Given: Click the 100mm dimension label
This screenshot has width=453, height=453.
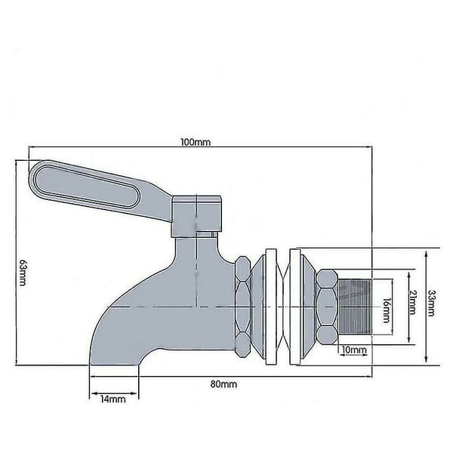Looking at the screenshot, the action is pos(196,142).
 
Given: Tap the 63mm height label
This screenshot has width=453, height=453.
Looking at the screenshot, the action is pos(23,273).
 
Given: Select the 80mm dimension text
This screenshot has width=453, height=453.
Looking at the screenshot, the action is pos(223,384).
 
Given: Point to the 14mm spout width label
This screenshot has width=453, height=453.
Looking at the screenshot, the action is pos(113,399).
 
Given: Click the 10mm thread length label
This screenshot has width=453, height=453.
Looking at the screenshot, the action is pos(354,350).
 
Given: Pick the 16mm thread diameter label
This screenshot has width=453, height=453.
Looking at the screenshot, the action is pos(387,310).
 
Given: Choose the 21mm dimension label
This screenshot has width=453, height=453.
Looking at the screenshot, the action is pos(413,302).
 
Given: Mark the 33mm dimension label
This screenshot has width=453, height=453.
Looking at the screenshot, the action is pos(431,304).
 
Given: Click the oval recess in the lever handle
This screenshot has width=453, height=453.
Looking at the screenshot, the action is pos(86,186).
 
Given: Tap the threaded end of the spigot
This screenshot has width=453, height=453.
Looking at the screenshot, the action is pos(355,307).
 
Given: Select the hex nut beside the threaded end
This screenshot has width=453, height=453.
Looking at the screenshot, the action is pos(327,307).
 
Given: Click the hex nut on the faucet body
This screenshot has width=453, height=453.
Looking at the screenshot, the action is pos(242,307).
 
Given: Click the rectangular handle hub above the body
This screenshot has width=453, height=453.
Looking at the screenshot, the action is pos(196,217).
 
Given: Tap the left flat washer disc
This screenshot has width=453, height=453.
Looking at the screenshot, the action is pos(271,307).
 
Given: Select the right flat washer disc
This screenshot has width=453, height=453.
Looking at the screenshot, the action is pos(295,307).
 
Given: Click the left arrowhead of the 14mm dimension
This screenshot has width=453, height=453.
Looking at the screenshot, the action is pos(94,393).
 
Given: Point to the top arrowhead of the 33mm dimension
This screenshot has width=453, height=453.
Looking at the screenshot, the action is pos(426,254).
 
